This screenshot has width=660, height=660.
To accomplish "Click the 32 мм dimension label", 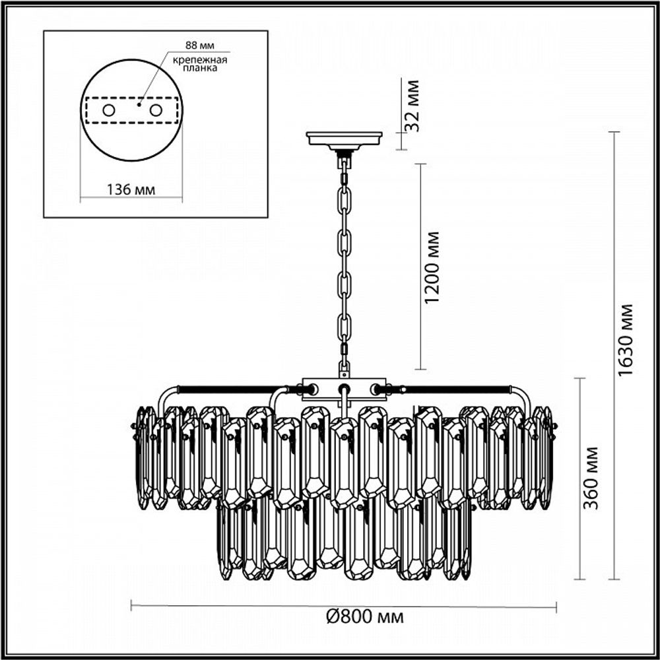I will (x=414, y=106).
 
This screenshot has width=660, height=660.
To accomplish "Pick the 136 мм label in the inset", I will (x=131, y=190).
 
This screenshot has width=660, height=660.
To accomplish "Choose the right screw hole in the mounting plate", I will (x=156, y=110).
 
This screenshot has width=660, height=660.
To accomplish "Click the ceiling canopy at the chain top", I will (x=344, y=139).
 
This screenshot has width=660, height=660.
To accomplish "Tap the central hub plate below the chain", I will (x=343, y=389).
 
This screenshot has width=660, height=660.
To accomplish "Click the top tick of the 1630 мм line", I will (x=614, y=133).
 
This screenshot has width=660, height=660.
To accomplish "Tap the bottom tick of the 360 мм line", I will (x=580, y=579).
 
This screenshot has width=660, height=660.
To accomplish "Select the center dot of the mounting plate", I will (x=139, y=104).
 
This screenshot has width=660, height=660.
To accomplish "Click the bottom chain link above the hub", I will (x=344, y=364).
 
